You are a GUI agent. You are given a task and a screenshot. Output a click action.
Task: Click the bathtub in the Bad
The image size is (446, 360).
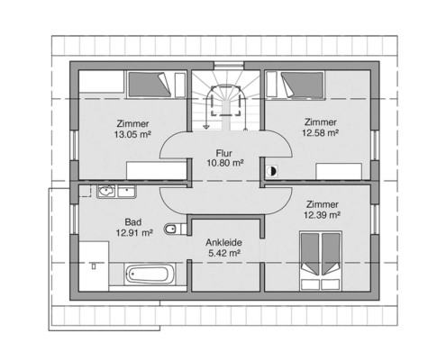click(x=150, y=274)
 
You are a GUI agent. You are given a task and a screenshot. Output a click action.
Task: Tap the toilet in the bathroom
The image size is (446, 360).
click(x=175, y=229)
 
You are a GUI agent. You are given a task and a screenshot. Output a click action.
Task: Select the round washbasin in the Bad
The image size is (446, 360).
click(x=106, y=191)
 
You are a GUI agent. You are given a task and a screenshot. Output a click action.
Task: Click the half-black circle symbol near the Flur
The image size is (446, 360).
click(x=271, y=171)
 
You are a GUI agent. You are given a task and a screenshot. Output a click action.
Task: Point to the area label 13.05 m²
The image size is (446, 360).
click(x=132, y=134)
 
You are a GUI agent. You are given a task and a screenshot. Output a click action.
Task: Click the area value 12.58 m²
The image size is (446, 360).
click(x=321, y=132)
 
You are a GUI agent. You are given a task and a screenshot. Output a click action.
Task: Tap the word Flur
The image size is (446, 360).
click(x=224, y=153)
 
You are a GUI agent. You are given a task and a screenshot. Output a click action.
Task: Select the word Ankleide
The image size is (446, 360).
click(x=223, y=242)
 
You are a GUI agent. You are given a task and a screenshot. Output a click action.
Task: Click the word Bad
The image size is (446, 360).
click(x=133, y=222)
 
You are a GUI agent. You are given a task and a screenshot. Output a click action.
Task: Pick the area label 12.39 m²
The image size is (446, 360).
click(x=322, y=215)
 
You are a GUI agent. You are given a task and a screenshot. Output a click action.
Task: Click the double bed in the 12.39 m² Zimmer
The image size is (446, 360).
click(x=321, y=261)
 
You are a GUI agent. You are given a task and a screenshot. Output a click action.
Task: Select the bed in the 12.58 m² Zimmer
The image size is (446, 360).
click(x=303, y=85)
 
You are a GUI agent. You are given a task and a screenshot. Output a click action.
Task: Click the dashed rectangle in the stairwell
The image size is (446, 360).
click(x=226, y=101)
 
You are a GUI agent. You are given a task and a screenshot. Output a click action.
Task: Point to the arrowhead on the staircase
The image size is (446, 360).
click(x=206, y=127)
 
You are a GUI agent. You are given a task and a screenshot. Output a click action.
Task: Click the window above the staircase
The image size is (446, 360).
click(x=229, y=65)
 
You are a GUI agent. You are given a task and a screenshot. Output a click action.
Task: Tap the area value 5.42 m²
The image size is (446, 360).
click(x=224, y=253)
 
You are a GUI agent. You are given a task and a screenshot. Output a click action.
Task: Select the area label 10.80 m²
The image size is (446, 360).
click(x=224, y=163)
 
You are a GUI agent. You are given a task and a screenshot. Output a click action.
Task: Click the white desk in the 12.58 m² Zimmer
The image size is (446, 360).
click(x=339, y=171)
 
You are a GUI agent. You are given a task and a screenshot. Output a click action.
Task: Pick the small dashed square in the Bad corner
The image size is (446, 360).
click(x=85, y=191)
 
